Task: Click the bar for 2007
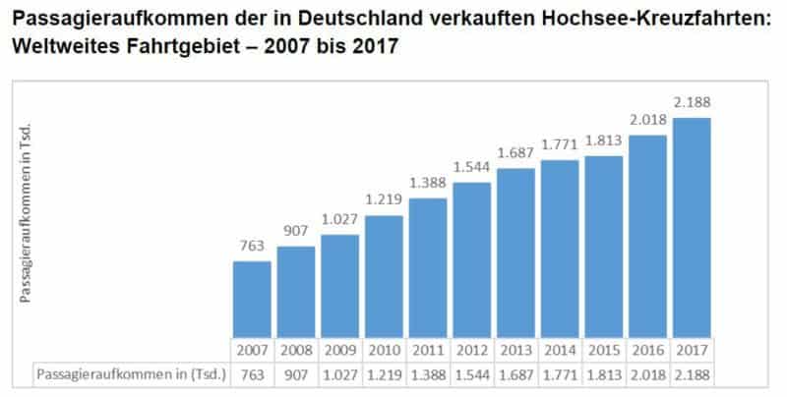[251, 299]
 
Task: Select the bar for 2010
[384, 276]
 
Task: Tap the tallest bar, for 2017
[693, 228]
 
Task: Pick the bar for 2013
[515, 253]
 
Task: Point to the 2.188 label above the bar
[693, 102]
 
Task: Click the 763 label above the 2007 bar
[251, 246]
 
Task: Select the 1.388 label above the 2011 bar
[427, 184]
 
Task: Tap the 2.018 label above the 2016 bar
[648, 120]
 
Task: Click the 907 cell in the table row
[295, 373]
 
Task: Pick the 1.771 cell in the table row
[560, 373]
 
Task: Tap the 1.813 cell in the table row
[604, 373]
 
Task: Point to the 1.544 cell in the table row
[471, 373]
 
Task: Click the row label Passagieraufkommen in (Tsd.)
[131, 373]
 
